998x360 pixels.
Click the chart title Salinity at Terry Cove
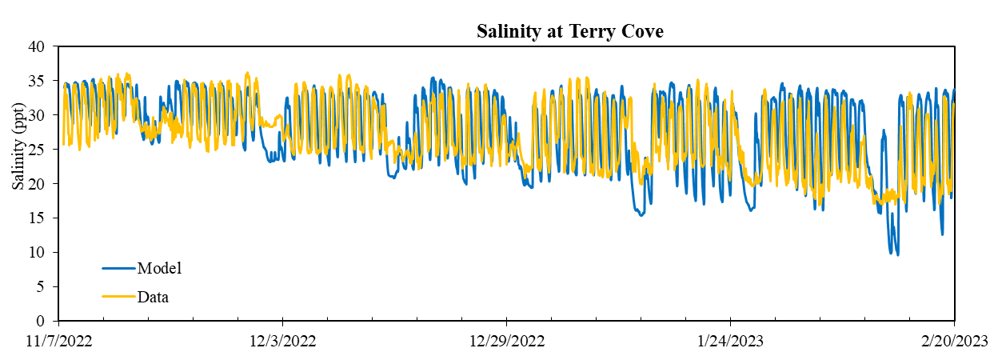570,31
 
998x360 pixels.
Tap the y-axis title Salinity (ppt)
18,146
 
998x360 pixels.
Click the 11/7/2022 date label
59,342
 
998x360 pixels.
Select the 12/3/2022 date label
283,342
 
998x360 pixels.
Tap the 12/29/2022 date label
507,342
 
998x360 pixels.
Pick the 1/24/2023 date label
731,342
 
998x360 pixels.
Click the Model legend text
159,268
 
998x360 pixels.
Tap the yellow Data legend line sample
118,296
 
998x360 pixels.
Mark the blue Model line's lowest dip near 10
897,255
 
